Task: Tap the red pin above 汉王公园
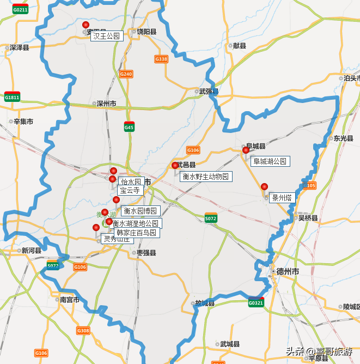click(x=86, y=25)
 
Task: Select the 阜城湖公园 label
click(x=270, y=161)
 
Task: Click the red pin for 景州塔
click(x=264, y=187)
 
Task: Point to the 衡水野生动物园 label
click(x=206, y=177)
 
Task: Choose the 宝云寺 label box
click(x=130, y=191)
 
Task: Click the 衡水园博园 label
click(x=140, y=211)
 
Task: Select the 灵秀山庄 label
click(x=117, y=239)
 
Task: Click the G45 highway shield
click(x=129, y=128)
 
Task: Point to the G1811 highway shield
click(x=12, y=98)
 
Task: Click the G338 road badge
click(x=161, y=59)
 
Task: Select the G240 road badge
click(x=126, y=74)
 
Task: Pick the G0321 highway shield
click(x=256, y=302)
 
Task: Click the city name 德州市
click(x=288, y=271)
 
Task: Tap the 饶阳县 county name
click(x=147, y=32)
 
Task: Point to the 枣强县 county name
click(x=146, y=253)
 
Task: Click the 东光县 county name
click(x=344, y=138)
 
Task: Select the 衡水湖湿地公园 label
click(x=136, y=223)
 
